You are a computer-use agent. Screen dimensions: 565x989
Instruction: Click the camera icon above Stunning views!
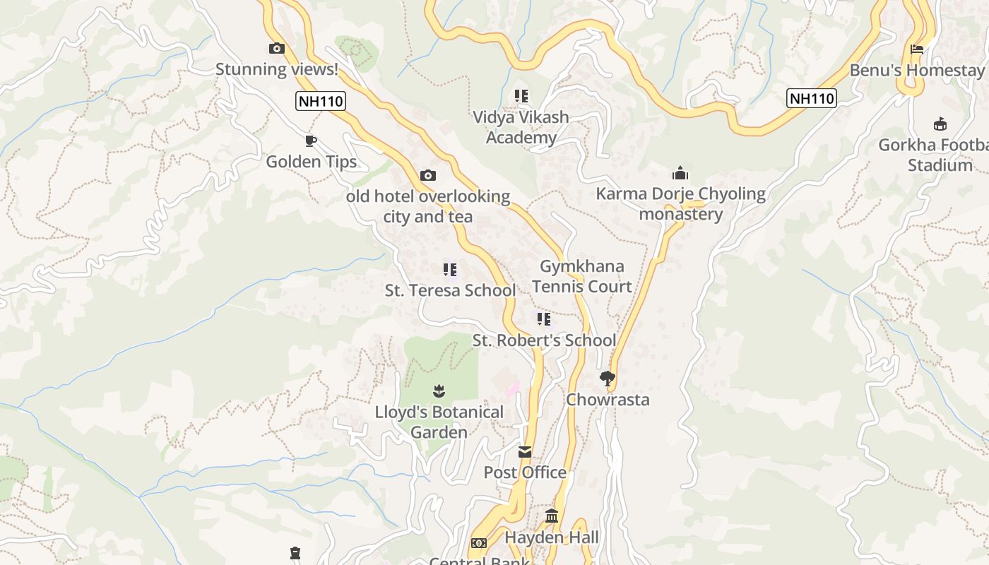(277, 49)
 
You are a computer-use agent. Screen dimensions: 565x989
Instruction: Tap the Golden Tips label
(311, 162)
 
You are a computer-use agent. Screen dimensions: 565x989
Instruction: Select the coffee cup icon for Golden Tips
(310, 141)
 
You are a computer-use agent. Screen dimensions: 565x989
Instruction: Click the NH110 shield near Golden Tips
(321, 101)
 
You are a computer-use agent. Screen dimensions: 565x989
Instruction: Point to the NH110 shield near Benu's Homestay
(812, 98)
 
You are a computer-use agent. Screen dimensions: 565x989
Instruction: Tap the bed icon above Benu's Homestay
(917, 49)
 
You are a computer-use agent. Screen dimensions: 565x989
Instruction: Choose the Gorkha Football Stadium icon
(940, 124)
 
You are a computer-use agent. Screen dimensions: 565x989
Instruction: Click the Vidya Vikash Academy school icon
(521, 96)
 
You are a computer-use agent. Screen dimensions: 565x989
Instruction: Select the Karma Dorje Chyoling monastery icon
(680, 173)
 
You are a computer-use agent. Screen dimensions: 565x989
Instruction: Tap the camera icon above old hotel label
(428, 176)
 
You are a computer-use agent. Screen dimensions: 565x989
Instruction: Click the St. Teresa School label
(450, 290)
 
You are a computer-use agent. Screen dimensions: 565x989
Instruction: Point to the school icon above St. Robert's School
(543, 319)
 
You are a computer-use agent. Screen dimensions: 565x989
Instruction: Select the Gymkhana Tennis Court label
(582, 276)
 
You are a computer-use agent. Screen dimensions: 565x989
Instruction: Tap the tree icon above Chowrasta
(607, 379)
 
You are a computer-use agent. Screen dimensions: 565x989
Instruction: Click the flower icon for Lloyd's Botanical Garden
(439, 391)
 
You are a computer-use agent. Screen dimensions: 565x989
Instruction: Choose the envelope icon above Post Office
(525, 452)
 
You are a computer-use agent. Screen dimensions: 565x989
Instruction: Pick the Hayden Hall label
(552, 537)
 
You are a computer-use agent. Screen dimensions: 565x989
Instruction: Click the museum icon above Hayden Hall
(552, 516)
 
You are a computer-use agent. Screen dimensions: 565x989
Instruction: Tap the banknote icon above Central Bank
(478, 543)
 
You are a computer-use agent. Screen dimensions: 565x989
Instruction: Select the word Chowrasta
(608, 400)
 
